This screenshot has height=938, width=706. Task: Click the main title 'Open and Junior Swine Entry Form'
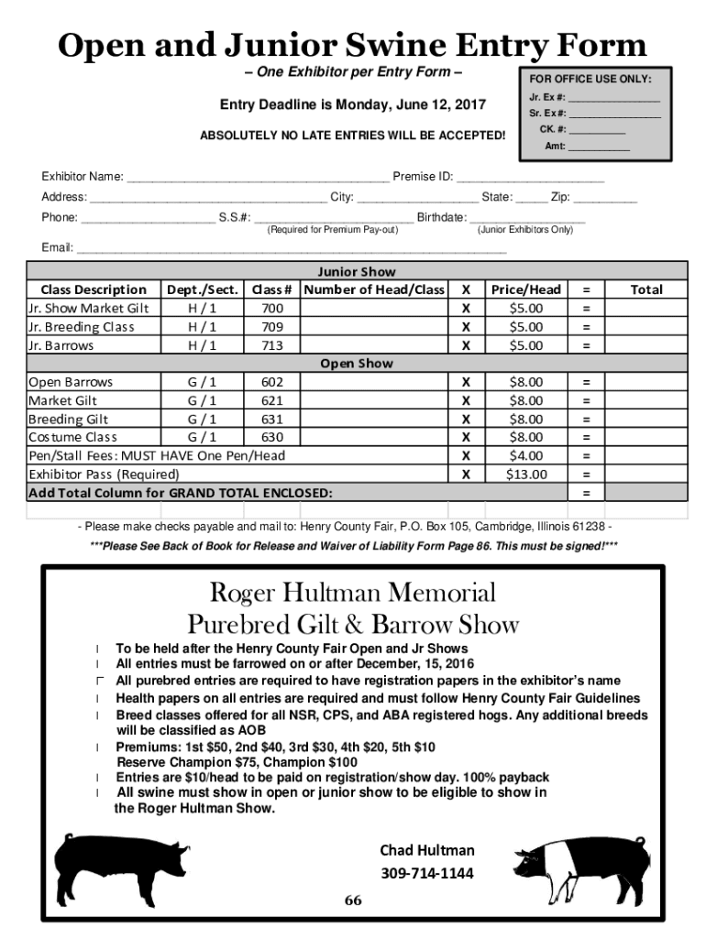point(352,45)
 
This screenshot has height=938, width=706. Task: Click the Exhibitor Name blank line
point(258,178)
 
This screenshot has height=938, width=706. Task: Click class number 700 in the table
point(271,309)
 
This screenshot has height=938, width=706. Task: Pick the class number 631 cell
point(271,419)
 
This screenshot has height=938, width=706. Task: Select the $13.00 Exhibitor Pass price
point(526,474)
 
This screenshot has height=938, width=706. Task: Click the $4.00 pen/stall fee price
point(526,455)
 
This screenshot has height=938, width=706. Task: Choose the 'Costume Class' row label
point(72,437)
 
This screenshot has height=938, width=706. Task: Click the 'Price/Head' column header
point(526,289)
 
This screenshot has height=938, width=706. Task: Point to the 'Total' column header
point(645,289)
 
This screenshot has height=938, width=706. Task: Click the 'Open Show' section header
point(357,363)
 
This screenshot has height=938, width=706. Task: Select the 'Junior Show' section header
point(357,271)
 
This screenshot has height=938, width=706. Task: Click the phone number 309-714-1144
point(427,873)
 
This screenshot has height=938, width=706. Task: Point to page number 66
point(353,900)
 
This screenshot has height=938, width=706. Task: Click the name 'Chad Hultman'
point(427,850)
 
